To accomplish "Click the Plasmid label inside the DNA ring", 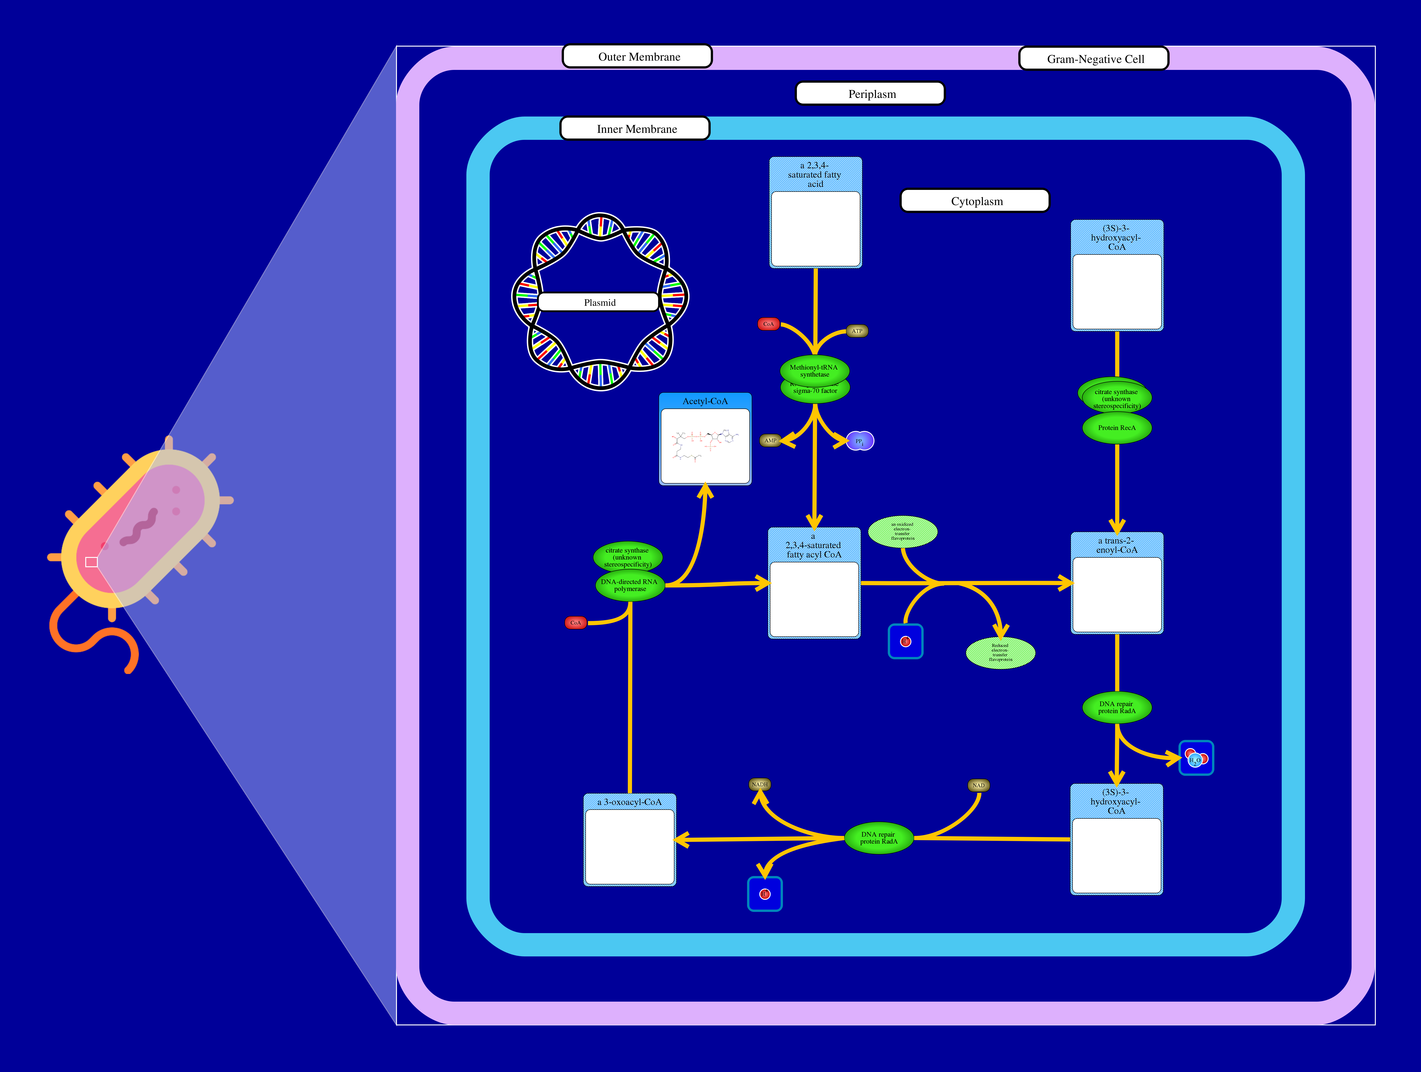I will click(x=599, y=302).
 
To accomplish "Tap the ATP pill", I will click(x=857, y=331).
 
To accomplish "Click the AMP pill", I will click(x=770, y=440).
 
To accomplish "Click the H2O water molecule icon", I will click(x=1196, y=758).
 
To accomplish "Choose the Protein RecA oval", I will click(x=1117, y=428).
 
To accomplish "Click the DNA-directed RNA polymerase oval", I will click(x=630, y=585).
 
